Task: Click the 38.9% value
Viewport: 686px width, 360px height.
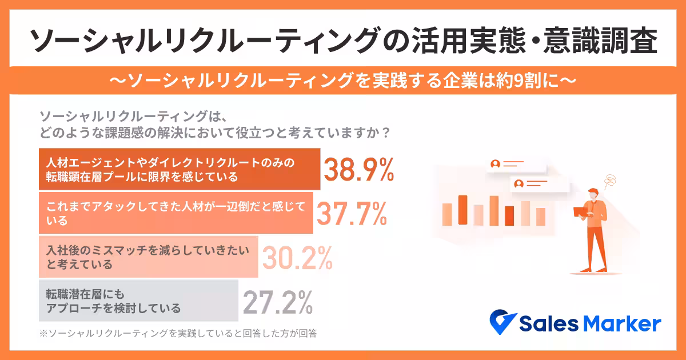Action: [359, 169]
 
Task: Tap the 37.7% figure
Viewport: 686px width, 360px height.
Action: [352, 214]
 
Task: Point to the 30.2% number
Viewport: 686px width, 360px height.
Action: [297, 258]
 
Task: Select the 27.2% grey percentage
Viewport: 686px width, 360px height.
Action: [278, 302]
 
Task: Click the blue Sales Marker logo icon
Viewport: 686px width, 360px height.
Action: [503, 323]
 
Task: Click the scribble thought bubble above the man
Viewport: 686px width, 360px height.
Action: [611, 181]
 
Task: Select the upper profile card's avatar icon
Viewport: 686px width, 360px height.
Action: [495, 164]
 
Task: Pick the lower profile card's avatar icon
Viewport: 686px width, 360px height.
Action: [519, 184]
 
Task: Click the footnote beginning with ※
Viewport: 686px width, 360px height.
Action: [178, 332]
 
